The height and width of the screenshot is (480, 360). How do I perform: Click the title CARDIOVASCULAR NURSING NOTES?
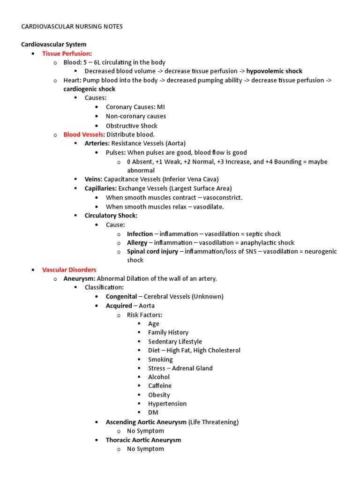(x=72, y=27)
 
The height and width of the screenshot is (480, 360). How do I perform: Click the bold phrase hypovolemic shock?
(x=274, y=71)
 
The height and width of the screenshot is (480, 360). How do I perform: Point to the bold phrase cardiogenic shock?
(x=90, y=89)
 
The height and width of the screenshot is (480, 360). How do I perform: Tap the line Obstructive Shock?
(x=132, y=126)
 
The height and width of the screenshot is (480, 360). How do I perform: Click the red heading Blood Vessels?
(x=83, y=135)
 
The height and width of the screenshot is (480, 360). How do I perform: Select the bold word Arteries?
(x=97, y=143)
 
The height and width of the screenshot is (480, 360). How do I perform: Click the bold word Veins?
(x=93, y=180)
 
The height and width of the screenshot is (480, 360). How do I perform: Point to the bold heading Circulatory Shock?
(x=111, y=216)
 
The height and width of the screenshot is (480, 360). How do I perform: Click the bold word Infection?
(x=140, y=234)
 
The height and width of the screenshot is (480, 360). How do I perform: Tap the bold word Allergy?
(x=137, y=243)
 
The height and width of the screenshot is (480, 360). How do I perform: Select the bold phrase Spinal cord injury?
(x=152, y=252)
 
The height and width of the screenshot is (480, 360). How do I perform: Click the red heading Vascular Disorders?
(x=69, y=270)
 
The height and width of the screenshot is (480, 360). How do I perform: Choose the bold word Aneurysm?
(x=79, y=279)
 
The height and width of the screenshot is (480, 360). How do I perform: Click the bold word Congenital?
(x=121, y=297)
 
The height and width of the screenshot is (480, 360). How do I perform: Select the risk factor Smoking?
(x=160, y=360)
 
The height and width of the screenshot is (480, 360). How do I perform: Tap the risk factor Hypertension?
(x=167, y=404)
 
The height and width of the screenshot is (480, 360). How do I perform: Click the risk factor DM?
(x=153, y=412)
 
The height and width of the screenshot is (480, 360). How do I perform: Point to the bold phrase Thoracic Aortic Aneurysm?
(x=143, y=440)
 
